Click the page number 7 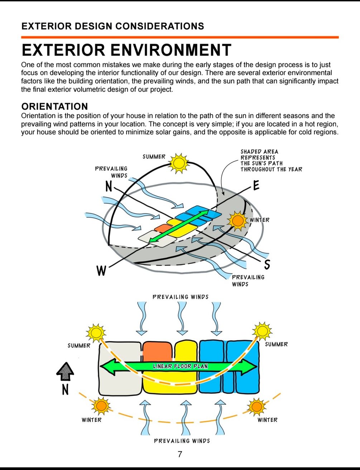180,454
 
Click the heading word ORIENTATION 54,106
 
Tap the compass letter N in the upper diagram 109,186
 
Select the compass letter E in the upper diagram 256,186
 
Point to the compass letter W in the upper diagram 101,270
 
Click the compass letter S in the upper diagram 267,264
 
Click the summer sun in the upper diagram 178,163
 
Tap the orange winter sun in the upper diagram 237,220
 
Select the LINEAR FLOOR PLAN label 180,366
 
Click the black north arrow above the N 65,371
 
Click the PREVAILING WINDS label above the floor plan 180,297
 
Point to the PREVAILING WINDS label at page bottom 182,441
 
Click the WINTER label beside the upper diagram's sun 259,220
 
